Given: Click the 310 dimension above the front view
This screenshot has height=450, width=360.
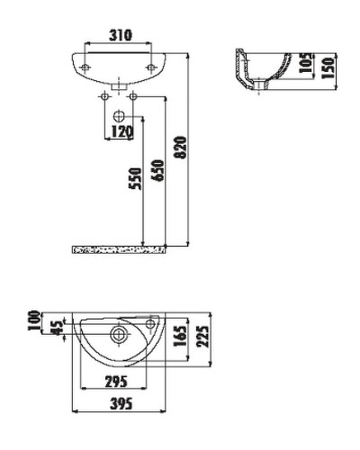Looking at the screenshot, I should [121, 35].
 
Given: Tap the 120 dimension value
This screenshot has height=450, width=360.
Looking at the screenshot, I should [121, 132].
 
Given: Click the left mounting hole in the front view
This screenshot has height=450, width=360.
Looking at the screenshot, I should [84, 66].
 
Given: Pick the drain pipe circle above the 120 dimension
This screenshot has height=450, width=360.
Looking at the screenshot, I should [120, 115].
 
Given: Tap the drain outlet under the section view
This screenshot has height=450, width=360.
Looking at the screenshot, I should [259, 87].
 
